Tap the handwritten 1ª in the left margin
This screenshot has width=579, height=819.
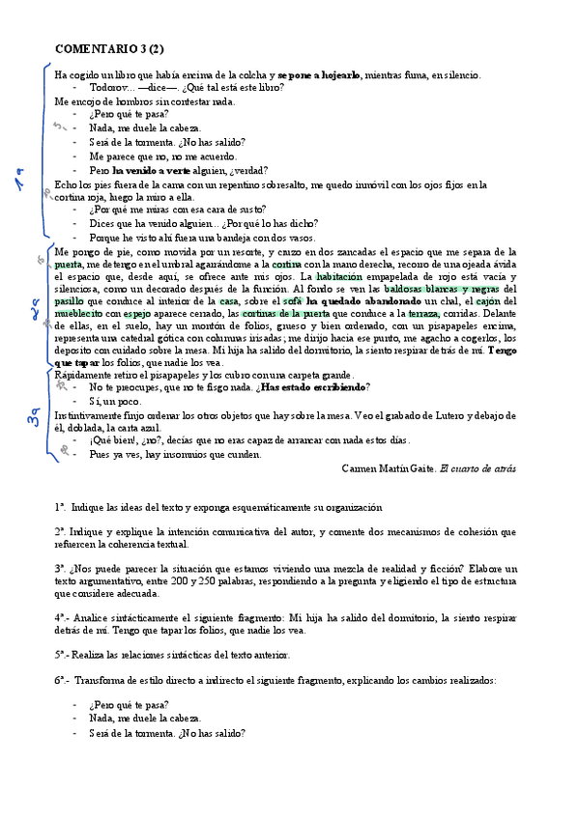pos(19,181)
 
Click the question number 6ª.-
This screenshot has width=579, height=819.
pos(63,680)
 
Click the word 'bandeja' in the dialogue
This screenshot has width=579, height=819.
pos(218,237)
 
